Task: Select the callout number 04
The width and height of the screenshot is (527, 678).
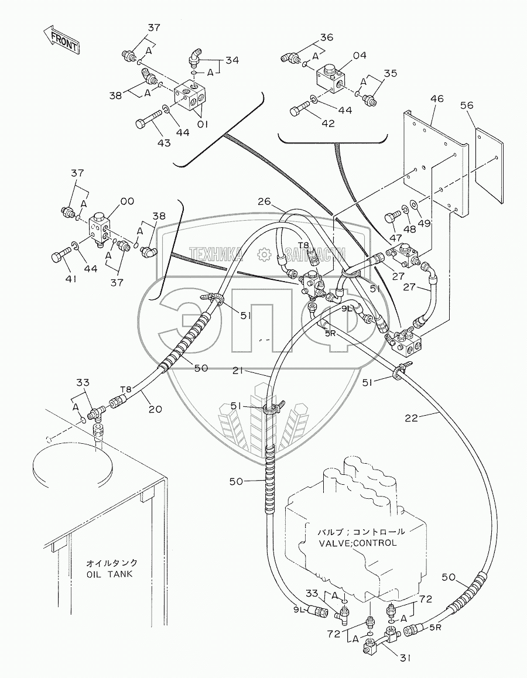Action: tap(359, 56)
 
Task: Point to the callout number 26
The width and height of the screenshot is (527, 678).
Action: tap(264, 202)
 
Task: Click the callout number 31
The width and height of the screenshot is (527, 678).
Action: tap(406, 658)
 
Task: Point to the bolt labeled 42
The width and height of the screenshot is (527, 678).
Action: tap(299, 108)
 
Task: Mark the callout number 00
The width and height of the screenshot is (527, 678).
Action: tap(127, 201)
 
